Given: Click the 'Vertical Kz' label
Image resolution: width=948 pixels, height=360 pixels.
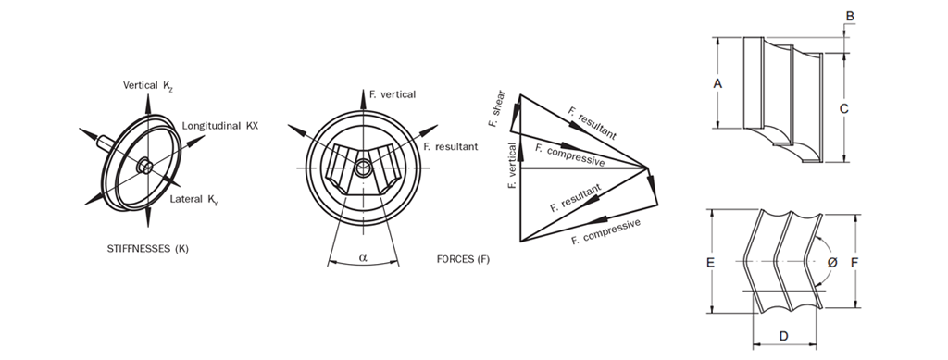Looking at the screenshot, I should click(148, 85).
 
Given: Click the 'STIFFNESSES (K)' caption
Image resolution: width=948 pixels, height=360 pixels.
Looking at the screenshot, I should click(149, 249).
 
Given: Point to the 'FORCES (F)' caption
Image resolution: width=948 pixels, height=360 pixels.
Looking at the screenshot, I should click(463, 257).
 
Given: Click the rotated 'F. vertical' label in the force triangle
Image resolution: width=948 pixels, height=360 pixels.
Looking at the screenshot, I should click(512, 167).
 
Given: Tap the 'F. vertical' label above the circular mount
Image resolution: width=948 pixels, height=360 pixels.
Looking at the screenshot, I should click(392, 94).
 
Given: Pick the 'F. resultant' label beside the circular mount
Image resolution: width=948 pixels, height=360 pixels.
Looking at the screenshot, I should click(450, 146).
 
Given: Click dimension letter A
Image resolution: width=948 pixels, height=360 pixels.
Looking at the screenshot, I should click(717, 83).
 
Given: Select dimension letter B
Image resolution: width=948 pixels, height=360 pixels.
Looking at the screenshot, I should click(850, 16).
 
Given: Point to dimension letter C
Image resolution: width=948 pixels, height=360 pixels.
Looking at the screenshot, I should click(843, 108).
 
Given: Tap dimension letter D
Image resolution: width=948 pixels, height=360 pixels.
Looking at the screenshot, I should click(783, 334).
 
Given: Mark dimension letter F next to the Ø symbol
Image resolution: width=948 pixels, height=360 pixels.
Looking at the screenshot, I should click(854, 263).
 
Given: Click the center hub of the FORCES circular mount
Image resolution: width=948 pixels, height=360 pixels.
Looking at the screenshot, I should click(364, 168).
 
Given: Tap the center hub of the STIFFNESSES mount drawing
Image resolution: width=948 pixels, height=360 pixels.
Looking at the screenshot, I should click(145, 167).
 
